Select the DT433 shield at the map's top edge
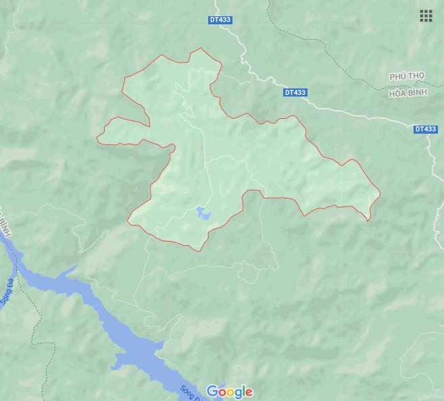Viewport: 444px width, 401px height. coord(220,20)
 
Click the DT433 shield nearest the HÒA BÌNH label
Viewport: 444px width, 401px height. coord(426,128)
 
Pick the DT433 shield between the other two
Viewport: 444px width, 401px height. coord(295,92)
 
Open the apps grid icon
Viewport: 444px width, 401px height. coord(426,16)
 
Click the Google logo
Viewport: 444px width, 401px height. coord(230,392)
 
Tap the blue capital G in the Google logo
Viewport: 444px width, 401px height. coord(212,392)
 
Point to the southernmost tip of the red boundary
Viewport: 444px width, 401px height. coord(198,251)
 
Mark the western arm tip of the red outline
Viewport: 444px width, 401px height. coord(97,138)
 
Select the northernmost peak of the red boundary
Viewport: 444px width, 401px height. coord(200,49)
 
